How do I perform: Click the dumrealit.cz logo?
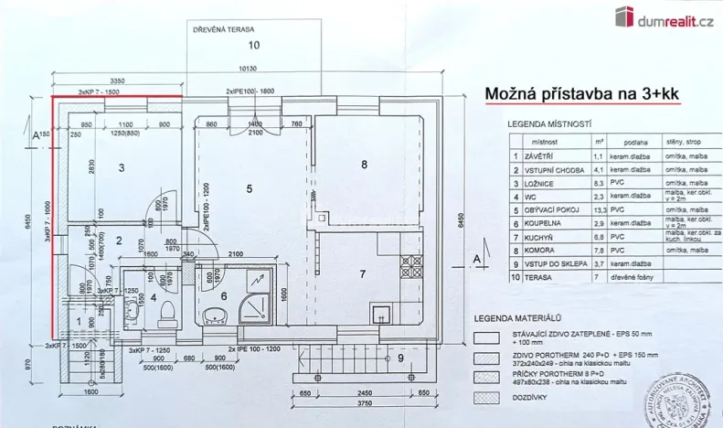(663, 16)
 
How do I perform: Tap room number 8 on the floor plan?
(364, 165)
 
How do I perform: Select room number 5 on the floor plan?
(249, 188)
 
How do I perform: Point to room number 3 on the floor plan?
(121, 166)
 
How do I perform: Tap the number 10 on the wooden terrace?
(253, 44)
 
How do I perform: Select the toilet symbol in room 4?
(166, 313)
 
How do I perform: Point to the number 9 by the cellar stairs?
(401, 358)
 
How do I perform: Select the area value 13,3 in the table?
(599, 209)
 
